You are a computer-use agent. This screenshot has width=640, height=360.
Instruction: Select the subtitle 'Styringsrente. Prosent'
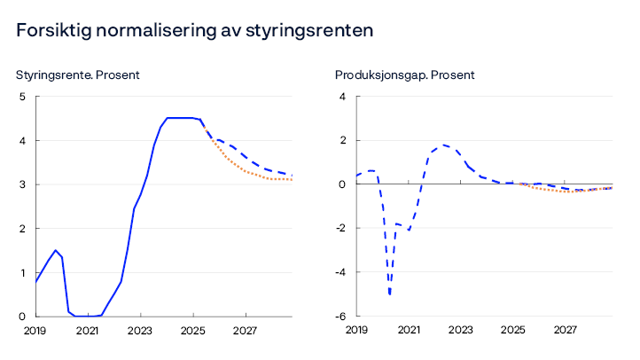pyautogui.click(x=78, y=75)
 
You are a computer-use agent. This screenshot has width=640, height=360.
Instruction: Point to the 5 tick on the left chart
pyautogui.click(x=21, y=97)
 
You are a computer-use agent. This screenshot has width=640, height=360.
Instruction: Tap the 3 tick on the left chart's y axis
pyautogui.click(x=21, y=184)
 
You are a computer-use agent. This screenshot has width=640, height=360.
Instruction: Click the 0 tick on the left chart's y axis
pyautogui.click(x=21, y=317)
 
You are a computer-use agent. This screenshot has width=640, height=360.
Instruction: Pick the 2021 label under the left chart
pyautogui.click(x=87, y=331)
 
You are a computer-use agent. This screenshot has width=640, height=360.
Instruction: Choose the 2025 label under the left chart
pyautogui.click(x=192, y=331)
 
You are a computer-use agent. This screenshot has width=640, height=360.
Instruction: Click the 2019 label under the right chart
pyautogui.click(x=355, y=331)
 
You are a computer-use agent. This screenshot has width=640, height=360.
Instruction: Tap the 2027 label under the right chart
pyautogui.click(x=566, y=331)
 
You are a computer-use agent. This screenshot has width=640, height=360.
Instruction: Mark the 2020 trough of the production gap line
pyautogui.click(x=390, y=293)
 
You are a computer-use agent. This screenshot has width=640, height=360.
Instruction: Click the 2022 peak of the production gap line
pyautogui.click(x=444, y=145)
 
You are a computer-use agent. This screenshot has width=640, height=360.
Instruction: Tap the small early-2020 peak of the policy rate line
pyautogui.click(x=55, y=250)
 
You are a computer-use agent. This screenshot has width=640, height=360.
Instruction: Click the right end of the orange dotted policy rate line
pyautogui.click(x=293, y=180)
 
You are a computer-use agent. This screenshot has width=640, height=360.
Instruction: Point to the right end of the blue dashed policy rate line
pyautogui.click(x=293, y=176)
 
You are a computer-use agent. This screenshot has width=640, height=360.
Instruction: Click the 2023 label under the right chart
pyautogui.click(x=460, y=331)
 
